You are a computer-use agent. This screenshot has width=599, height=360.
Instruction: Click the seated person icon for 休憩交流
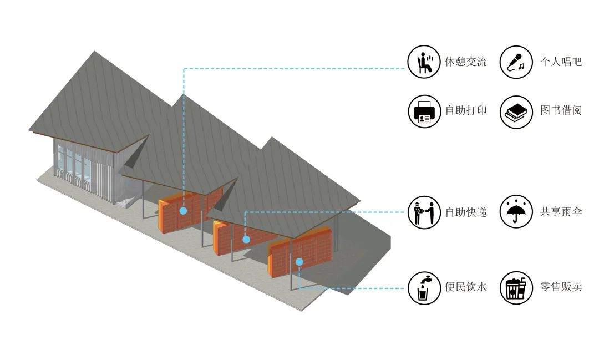coord(424,62)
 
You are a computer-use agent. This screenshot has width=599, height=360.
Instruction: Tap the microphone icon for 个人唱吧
coord(516,62)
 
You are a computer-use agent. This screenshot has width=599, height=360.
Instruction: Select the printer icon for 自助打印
coord(424,111)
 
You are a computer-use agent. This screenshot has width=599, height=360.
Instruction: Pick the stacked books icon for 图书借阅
coord(516,111)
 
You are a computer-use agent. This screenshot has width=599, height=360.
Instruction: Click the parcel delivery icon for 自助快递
coord(424,212)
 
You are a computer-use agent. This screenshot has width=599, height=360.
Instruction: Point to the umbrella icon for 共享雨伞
coord(516,212)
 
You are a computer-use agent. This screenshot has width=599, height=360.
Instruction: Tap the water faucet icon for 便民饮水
coord(424,288)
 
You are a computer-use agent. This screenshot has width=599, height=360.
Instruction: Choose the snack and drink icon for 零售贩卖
coord(516,288)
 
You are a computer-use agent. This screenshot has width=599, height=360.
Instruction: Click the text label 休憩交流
coord(466,62)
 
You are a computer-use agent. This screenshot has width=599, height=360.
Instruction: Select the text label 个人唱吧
coord(561,62)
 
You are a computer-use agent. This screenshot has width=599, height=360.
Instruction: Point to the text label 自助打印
coord(466,110)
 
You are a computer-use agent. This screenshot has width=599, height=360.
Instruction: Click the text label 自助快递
coord(466,212)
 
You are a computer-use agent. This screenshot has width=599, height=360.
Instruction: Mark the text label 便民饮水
coord(466,287)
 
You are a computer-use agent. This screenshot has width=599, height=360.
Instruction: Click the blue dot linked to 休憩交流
coord(184,211)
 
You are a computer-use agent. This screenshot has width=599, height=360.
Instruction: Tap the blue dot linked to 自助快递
coord(246,240)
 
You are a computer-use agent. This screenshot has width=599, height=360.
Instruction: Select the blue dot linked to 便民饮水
coord(299,262)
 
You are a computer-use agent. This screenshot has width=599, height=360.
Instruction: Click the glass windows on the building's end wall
coord(73,164)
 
